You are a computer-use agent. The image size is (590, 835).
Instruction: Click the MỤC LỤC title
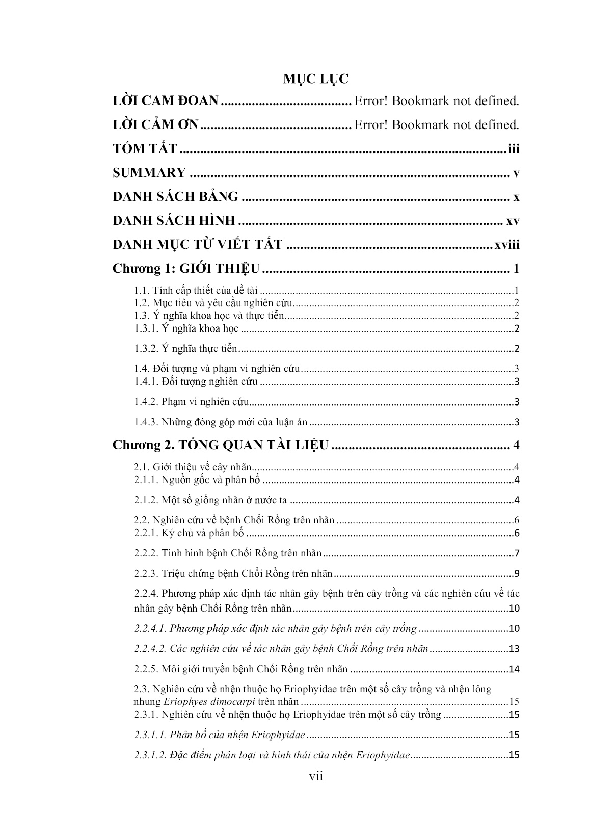click(x=316, y=79)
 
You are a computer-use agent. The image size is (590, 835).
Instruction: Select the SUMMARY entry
click(x=149, y=173)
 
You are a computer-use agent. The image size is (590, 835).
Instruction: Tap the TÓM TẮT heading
click(x=145, y=149)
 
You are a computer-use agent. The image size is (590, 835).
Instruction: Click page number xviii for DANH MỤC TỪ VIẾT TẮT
click(x=506, y=244)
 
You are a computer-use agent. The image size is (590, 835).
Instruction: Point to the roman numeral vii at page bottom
click(x=316, y=776)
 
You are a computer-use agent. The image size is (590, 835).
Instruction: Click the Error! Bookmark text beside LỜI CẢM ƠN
click(x=436, y=125)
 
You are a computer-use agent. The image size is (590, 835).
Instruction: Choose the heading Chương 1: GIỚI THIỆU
click(x=186, y=269)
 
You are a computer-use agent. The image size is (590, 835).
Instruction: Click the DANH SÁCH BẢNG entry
click(x=175, y=196)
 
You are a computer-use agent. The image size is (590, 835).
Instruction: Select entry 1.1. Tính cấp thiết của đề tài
click(x=197, y=291)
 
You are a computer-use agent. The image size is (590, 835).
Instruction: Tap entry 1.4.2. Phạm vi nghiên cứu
click(x=192, y=402)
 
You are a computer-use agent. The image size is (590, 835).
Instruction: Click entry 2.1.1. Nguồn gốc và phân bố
click(x=197, y=480)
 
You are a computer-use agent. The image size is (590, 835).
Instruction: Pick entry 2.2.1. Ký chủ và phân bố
click(x=189, y=534)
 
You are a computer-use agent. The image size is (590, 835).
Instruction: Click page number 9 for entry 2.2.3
click(x=516, y=574)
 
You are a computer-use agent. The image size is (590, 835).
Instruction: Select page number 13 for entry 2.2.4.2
click(x=514, y=649)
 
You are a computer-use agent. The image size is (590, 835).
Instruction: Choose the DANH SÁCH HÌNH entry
click(x=174, y=221)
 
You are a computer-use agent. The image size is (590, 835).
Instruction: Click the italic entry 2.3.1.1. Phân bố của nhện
click(x=220, y=735)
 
